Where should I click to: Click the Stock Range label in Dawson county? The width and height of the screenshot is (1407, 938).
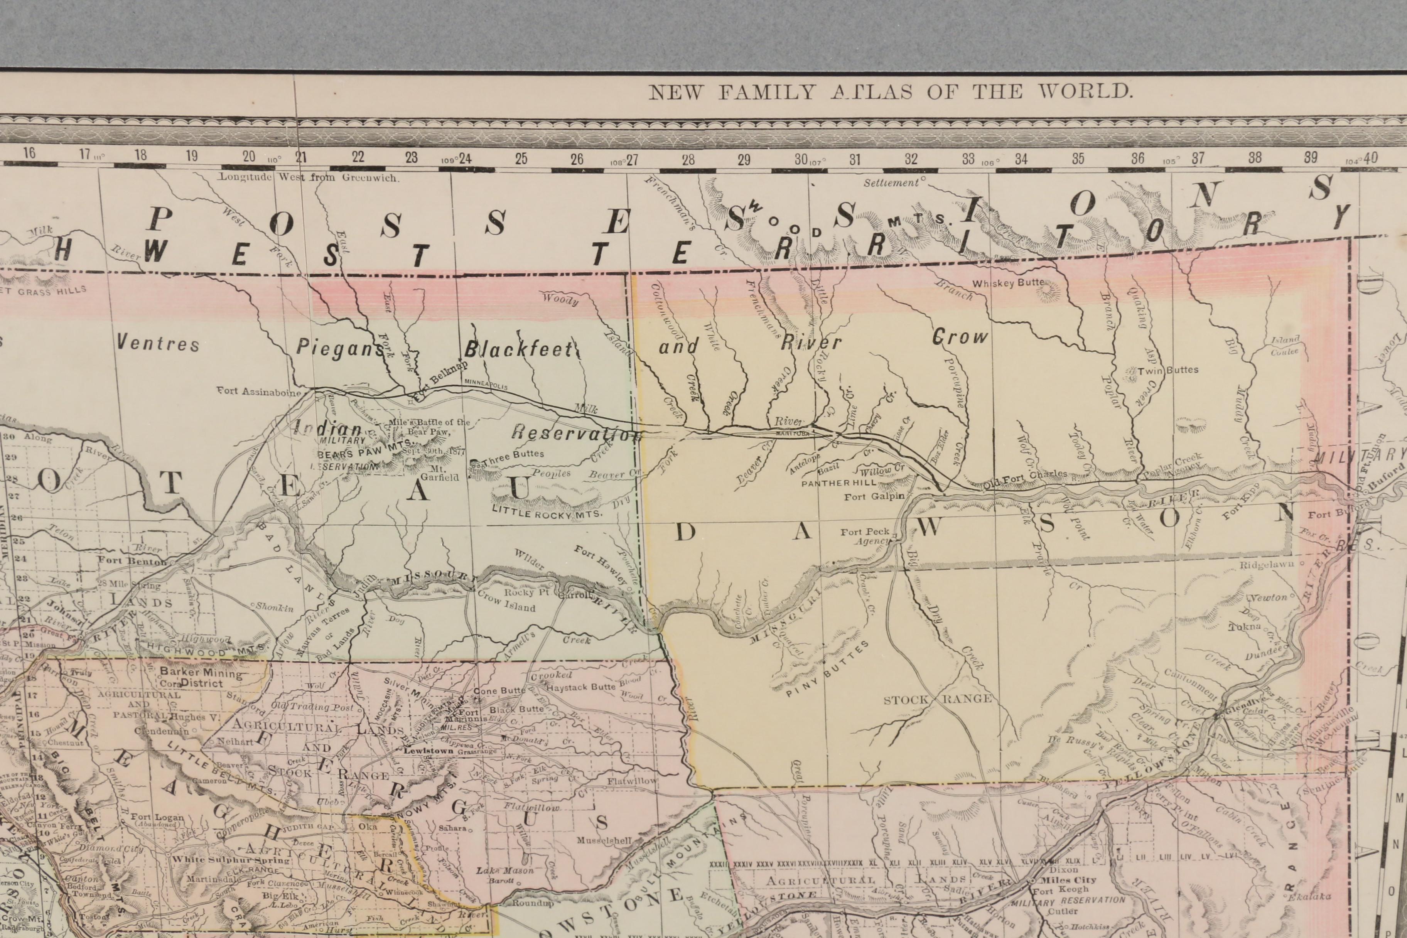[937, 699]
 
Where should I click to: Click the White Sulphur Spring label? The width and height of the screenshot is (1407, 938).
[231, 860]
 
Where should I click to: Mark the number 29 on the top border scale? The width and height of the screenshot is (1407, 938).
[744, 160]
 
